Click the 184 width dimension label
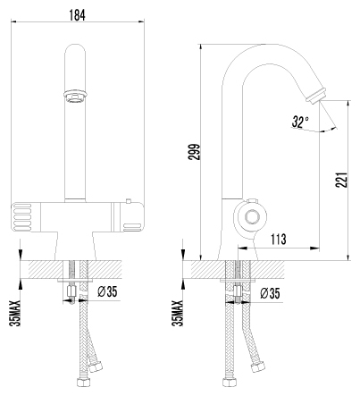[x=77, y=15]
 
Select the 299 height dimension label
[x=194, y=152]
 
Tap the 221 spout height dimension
[x=341, y=180]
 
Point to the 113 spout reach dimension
[x=279, y=239]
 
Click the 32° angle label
[x=300, y=122]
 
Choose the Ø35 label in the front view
[x=107, y=291]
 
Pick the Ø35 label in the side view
[x=270, y=293]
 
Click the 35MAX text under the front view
[x=15, y=313]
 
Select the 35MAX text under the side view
[x=178, y=313]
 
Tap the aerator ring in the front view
[x=75, y=96]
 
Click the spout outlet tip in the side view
[x=317, y=95]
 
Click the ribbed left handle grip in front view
[x=21, y=217]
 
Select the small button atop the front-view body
[x=129, y=200]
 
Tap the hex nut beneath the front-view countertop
[x=71, y=291]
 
